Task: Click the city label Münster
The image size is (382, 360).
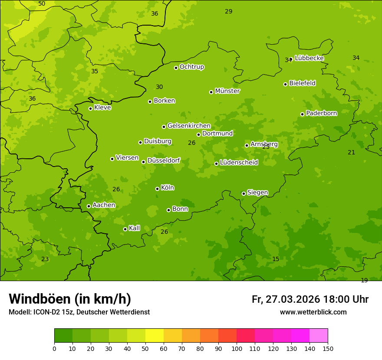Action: tap(227, 91)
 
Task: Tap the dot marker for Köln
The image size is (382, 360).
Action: tap(157, 189)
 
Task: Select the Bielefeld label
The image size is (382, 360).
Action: tap(302, 83)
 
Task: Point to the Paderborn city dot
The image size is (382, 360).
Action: tap(302, 114)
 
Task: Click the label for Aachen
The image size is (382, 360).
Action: tap(104, 205)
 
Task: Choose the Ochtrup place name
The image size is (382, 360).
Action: tap(191, 67)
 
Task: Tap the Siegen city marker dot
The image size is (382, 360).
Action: tap(244, 193)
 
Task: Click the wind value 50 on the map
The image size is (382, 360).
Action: tap(42, 3)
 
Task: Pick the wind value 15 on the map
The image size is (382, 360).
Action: tap(276, 259)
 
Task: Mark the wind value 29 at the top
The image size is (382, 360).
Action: tap(229, 11)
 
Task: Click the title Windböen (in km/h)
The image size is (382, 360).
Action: tap(70, 299)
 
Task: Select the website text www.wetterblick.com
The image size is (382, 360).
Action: tap(313, 312)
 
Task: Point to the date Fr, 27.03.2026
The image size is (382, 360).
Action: tap(286, 299)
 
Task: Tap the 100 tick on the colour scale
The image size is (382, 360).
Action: tap(237, 348)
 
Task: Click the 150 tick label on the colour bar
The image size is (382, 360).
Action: tap(328, 348)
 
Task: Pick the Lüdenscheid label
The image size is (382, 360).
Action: tap(239, 163)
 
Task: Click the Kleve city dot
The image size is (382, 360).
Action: tap(90, 108)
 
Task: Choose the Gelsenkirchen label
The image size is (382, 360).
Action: tap(189, 126)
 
